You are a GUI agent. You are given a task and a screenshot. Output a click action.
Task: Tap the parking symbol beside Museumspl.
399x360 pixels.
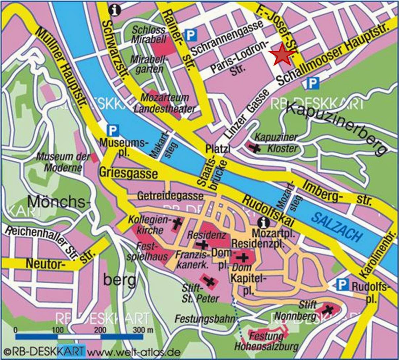click(113, 131)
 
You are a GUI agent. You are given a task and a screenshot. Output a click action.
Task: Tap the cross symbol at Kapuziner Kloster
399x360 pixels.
click(255, 148)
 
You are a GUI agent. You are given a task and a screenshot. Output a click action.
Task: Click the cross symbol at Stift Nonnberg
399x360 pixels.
click(328, 309)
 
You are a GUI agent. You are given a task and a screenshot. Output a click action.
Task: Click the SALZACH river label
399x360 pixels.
click(336, 226)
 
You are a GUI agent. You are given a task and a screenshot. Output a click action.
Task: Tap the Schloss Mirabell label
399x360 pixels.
click(149, 34)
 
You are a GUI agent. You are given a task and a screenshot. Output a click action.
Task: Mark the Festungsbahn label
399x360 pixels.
click(204, 319)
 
